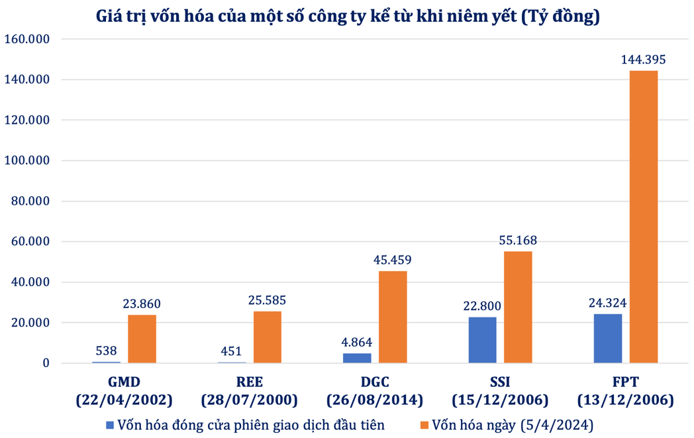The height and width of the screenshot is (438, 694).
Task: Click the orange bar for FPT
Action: point(643,217)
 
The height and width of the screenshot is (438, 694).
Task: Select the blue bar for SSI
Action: point(482,340)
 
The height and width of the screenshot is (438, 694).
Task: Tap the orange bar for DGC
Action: point(393,317)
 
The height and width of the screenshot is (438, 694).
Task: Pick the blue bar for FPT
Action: point(607,338)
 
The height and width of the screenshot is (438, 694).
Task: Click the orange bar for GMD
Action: point(142,339)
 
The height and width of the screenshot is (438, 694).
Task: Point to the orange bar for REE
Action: point(267,337)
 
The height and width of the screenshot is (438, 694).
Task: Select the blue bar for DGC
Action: point(357,358)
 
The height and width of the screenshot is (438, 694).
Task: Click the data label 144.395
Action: point(643,60)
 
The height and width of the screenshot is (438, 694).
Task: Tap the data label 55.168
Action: point(518,240)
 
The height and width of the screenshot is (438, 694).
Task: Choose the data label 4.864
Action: point(357,343)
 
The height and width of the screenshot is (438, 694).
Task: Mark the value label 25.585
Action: point(267,301)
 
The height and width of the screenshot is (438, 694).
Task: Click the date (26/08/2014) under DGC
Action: point(375,400)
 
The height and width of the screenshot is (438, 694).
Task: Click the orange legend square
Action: point(424,424)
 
